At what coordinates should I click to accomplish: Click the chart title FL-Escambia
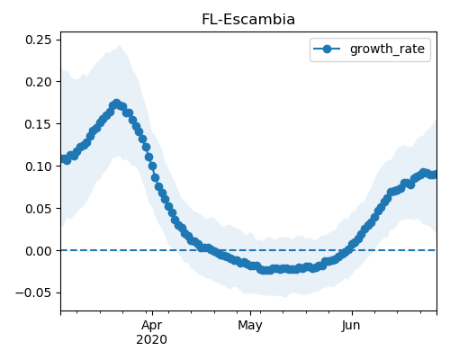pos(248,20)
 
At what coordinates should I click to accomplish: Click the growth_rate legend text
pos(387,49)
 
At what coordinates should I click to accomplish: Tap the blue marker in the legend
pos(327,49)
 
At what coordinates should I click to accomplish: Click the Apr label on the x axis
pos(152,326)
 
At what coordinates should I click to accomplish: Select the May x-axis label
pos(250,326)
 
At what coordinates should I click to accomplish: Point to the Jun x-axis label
pos(351,326)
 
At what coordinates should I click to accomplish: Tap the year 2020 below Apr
pos(152,340)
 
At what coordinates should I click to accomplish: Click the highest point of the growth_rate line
pos(116,103)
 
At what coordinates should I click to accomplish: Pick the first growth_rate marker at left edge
pos(63,158)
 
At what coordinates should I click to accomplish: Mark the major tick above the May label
pos(251,313)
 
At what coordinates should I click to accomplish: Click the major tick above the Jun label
pos(352,313)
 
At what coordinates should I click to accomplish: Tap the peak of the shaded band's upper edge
pos(120,45)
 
